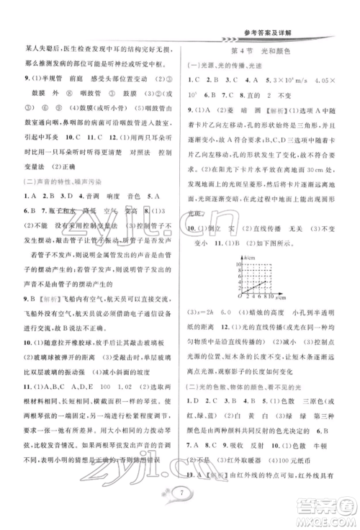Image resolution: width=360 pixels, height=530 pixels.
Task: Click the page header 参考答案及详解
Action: coord(297,21)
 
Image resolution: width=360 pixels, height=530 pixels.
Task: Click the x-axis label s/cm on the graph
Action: coord(281,294)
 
